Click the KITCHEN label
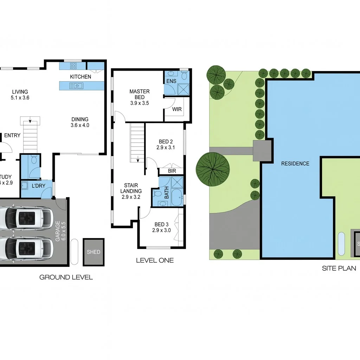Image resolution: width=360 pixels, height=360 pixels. click(x=81, y=77)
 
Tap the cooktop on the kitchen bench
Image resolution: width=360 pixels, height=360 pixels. click(x=73, y=66)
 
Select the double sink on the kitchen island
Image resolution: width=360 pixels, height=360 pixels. click(x=76, y=85)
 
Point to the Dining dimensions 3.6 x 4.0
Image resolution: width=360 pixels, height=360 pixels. click(x=80, y=125)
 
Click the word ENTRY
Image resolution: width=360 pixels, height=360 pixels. click(x=12, y=135)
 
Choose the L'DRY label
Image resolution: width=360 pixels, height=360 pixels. click(x=38, y=186)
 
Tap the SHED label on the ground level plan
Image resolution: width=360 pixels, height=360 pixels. click(x=94, y=252)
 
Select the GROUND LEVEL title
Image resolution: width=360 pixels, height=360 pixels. click(x=66, y=268)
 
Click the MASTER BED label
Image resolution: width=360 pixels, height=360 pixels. click(x=139, y=94)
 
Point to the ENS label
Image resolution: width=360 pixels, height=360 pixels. click(x=171, y=82)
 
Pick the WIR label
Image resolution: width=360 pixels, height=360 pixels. click(x=177, y=109)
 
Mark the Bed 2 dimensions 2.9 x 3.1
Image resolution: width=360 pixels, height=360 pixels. click(x=166, y=148)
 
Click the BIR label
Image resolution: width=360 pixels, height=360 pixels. click(x=172, y=171)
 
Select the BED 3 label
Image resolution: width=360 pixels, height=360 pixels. click(x=161, y=224)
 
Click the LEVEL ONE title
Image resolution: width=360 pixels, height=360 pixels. click(x=155, y=261)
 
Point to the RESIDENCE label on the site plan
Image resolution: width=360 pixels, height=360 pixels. click(x=295, y=163)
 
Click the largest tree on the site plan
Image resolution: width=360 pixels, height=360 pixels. click(x=213, y=169)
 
